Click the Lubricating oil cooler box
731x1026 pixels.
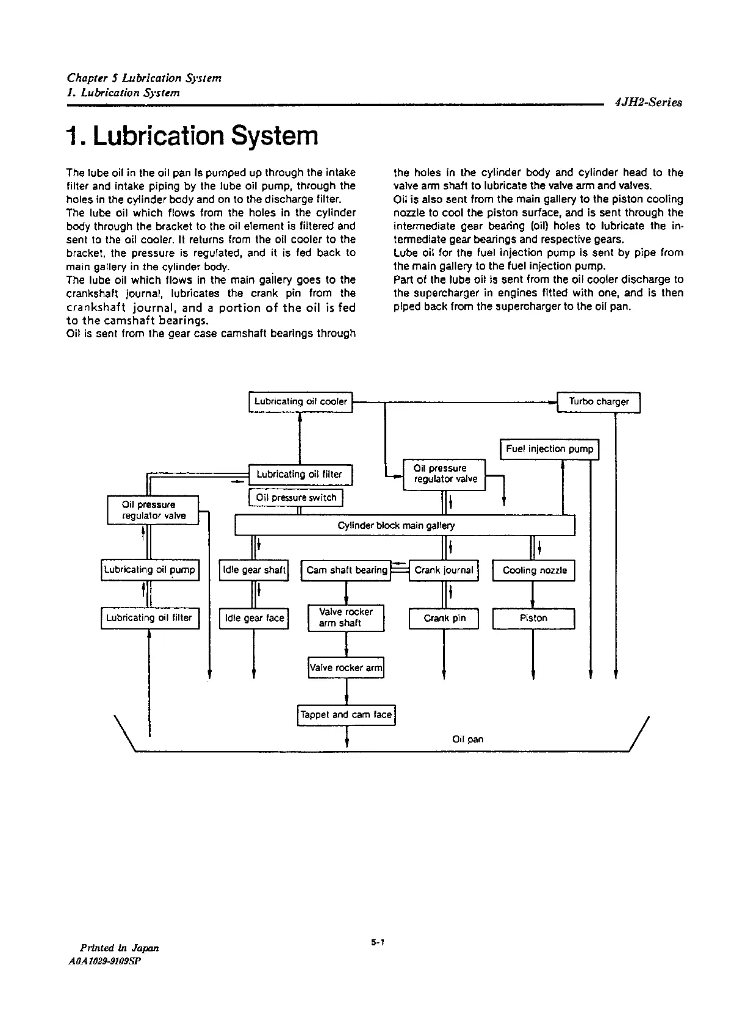coord(301,402)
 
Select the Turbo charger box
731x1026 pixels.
coord(599,402)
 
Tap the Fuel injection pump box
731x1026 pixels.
coord(549,450)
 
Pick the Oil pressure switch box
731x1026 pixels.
coord(296,498)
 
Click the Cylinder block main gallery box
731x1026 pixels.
coord(405,525)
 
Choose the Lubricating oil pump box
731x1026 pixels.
coord(150,570)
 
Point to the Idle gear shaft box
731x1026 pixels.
coord(254,570)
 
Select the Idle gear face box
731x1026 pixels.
coord(254,619)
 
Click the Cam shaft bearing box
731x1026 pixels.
coord(346,570)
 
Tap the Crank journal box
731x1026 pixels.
coord(444,570)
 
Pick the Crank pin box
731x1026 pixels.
coord(444,619)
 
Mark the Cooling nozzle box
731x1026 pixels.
coord(534,570)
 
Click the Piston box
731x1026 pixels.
coord(534,619)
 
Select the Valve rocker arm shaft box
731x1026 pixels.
coord(346,618)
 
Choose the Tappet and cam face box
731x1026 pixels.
coord(347,715)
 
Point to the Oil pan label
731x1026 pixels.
coord(468,739)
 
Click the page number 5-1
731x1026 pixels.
coord(376,942)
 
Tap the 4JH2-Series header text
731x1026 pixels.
coord(649,103)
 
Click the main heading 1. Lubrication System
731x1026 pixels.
coord(193,136)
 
